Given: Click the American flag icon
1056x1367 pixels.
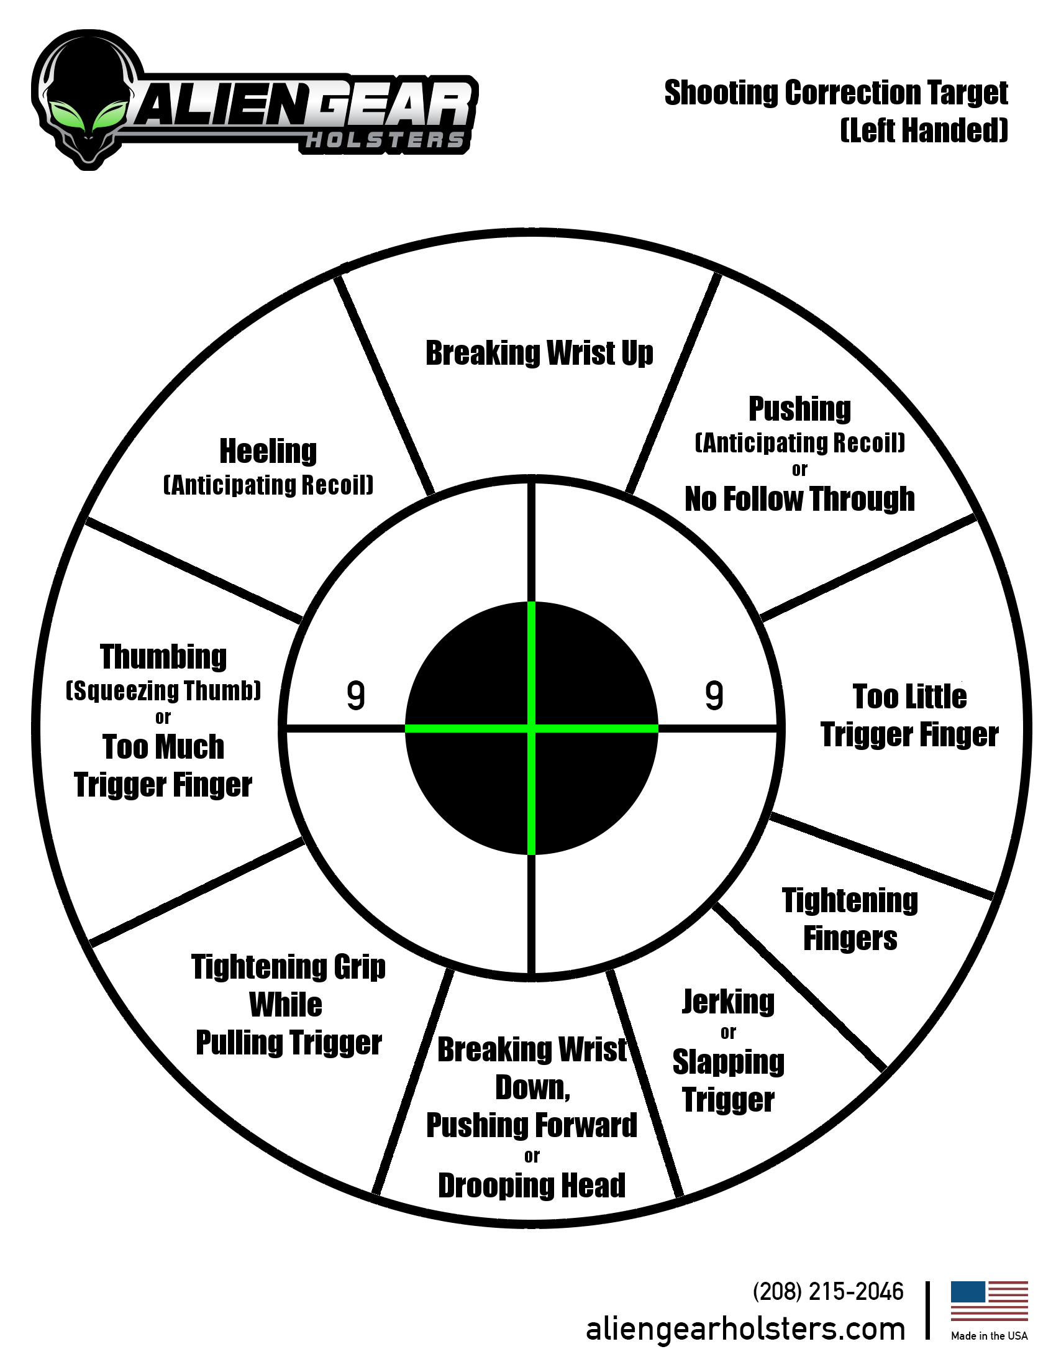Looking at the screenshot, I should (x=989, y=1301).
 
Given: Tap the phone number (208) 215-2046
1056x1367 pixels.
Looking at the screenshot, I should (x=828, y=1291).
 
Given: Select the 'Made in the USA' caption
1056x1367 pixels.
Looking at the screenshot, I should (x=989, y=1336).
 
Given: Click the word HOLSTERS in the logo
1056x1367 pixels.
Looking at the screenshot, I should (x=385, y=140).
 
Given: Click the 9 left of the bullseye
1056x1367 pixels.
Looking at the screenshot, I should (x=355, y=695).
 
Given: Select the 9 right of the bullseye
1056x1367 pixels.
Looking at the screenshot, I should (x=714, y=695).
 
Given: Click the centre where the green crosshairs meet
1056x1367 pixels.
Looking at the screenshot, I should (x=532, y=729).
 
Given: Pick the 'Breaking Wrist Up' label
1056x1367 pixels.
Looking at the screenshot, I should (x=539, y=353).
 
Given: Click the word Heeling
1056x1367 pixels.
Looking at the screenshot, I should (x=268, y=451).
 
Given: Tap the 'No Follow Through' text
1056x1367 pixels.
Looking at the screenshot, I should (x=799, y=499).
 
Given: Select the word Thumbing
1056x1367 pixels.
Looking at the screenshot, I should (x=163, y=657).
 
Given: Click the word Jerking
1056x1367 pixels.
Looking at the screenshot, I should (x=728, y=1002).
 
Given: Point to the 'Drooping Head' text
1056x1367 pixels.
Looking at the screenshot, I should (x=532, y=1186).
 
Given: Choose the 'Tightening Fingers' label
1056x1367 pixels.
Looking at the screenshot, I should (x=850, y=920).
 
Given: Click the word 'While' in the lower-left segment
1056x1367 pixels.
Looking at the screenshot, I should (x=286, y=1005).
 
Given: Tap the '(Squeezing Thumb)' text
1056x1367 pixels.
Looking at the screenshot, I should (x=163, y=690).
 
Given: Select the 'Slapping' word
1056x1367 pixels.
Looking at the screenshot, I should (x=728, y=1062).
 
